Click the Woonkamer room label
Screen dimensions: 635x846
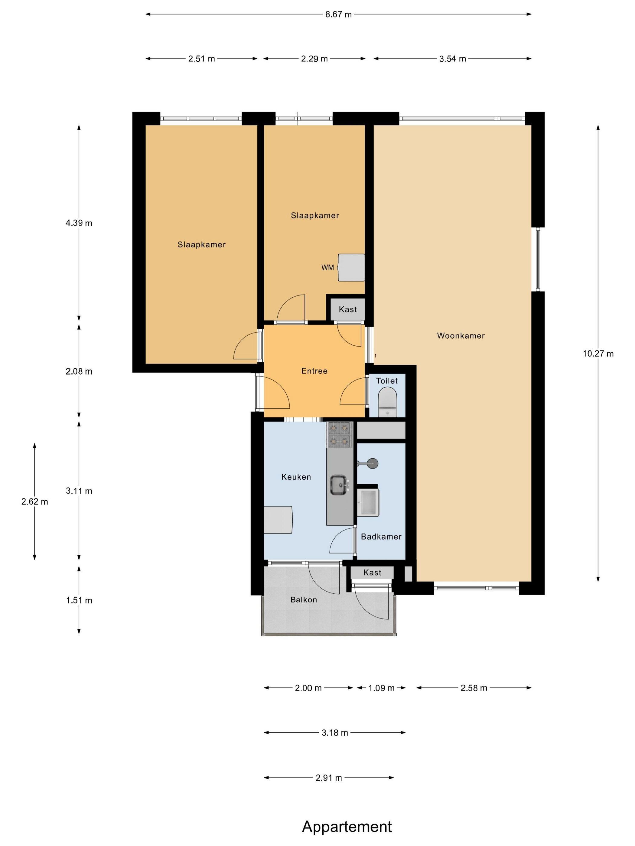461,336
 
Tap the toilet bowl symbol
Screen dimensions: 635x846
387,402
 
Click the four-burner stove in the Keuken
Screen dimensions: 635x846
339,434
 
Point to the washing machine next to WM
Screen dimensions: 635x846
351,268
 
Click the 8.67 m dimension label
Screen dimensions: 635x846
338,15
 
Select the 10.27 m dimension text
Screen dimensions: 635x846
598,354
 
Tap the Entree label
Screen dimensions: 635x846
314,371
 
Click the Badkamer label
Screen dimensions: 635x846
381,537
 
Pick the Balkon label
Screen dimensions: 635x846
304,600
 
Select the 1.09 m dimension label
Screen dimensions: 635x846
381,688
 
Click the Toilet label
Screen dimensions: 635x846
387,381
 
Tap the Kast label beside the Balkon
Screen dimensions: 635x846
372,573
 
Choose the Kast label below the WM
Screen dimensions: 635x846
347,309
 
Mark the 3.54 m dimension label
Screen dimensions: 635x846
452,59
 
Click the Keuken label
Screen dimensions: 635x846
296,477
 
